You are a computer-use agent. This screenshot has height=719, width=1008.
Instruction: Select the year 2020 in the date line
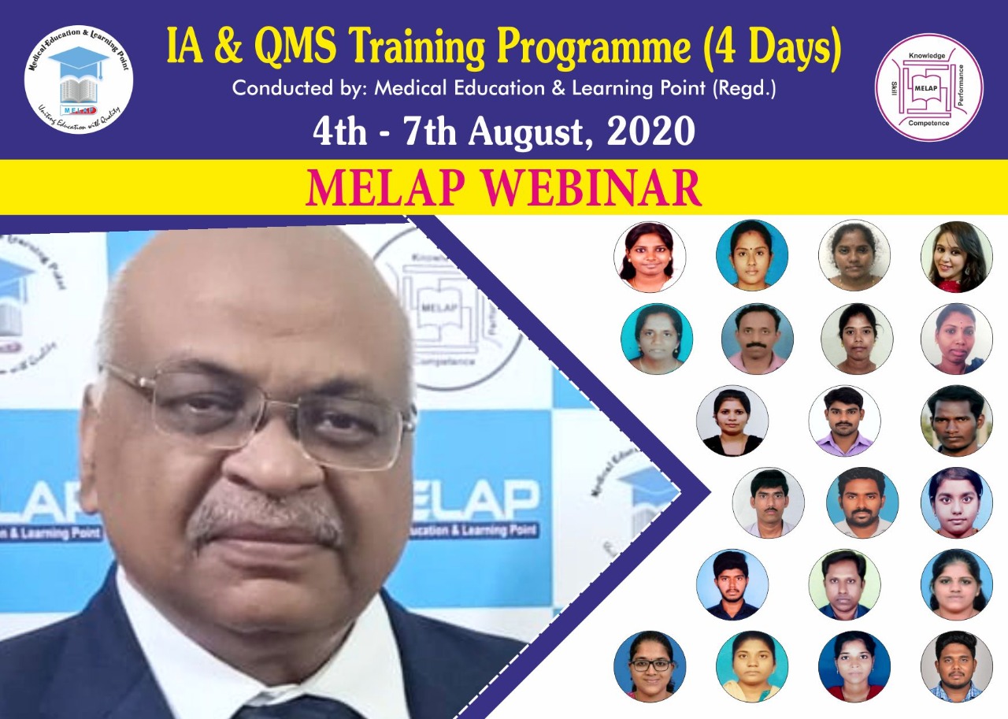point(650,132)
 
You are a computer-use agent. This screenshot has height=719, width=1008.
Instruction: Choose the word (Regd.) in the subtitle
point(744,89)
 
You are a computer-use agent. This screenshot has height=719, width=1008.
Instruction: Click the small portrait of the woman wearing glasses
point(650,666)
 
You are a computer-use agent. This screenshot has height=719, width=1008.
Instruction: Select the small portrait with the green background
point(844,584)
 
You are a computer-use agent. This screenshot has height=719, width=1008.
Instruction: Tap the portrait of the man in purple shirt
point(844,421)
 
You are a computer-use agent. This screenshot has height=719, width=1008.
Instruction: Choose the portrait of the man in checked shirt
point(956,666)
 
